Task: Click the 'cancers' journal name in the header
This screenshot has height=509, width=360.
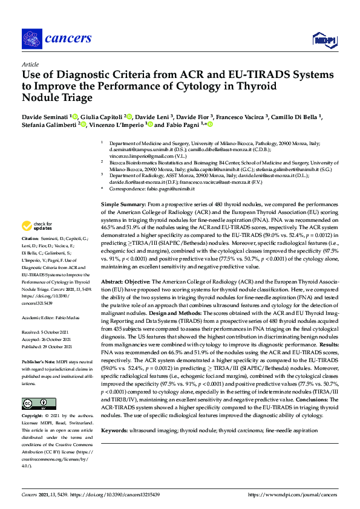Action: pyautogui.click(x=68, y=38)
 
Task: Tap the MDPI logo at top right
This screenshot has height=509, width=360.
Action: pyautogui.click(x=324, y=39)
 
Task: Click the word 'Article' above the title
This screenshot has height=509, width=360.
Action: pyautogui.click(x=30, y=63)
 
